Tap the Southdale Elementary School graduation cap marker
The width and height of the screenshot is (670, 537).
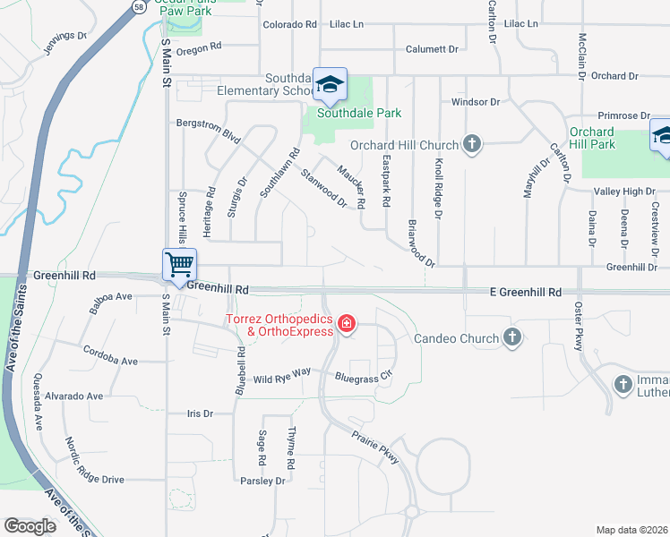[330, 84]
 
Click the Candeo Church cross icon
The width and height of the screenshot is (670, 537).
[511, 338]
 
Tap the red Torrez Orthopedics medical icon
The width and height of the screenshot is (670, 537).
[345, 324]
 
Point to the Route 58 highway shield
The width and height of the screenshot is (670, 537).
[138, 6]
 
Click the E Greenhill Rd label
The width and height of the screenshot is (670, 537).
[525, 293]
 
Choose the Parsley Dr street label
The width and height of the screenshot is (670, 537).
[262, 482]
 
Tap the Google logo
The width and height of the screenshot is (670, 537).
[30, 526]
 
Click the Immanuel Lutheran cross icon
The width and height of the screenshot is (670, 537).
[624, 384]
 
